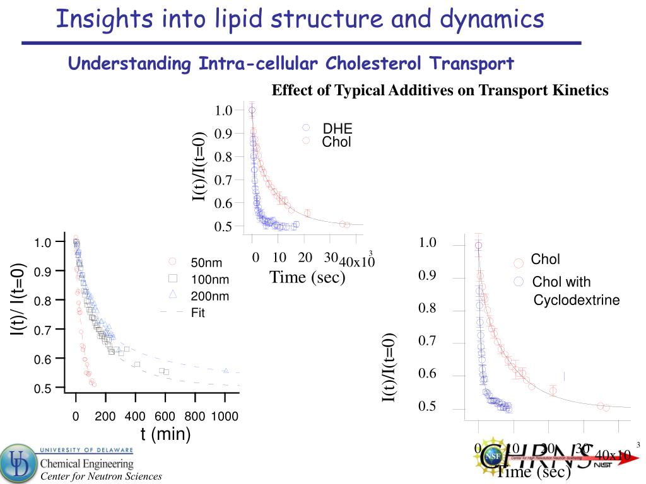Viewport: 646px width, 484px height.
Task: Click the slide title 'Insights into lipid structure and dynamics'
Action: [300, 20]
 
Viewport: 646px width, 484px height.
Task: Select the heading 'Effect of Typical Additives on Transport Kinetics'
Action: [440, 91]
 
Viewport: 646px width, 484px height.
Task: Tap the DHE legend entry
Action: [338, 129]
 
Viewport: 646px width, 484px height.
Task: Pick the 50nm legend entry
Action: [206, 263]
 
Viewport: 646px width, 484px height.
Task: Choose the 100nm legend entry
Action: [210, 279]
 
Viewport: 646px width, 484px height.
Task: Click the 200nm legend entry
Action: [210, 296]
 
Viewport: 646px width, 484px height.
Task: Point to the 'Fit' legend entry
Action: [198, 313]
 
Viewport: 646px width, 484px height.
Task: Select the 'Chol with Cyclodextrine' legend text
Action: [575, 291]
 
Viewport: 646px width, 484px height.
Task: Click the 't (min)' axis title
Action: [165, 434]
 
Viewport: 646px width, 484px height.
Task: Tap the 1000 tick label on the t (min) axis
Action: [225, 417]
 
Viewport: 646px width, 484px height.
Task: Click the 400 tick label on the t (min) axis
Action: [135, 417]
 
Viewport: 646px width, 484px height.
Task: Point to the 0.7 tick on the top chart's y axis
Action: [223, 180]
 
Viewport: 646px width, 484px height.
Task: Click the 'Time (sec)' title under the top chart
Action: [307, 277]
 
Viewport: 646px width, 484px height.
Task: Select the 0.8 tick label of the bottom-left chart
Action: [43, 301]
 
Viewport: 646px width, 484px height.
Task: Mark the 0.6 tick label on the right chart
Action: [427, 374]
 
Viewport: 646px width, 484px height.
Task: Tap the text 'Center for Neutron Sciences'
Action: [101, 476]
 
